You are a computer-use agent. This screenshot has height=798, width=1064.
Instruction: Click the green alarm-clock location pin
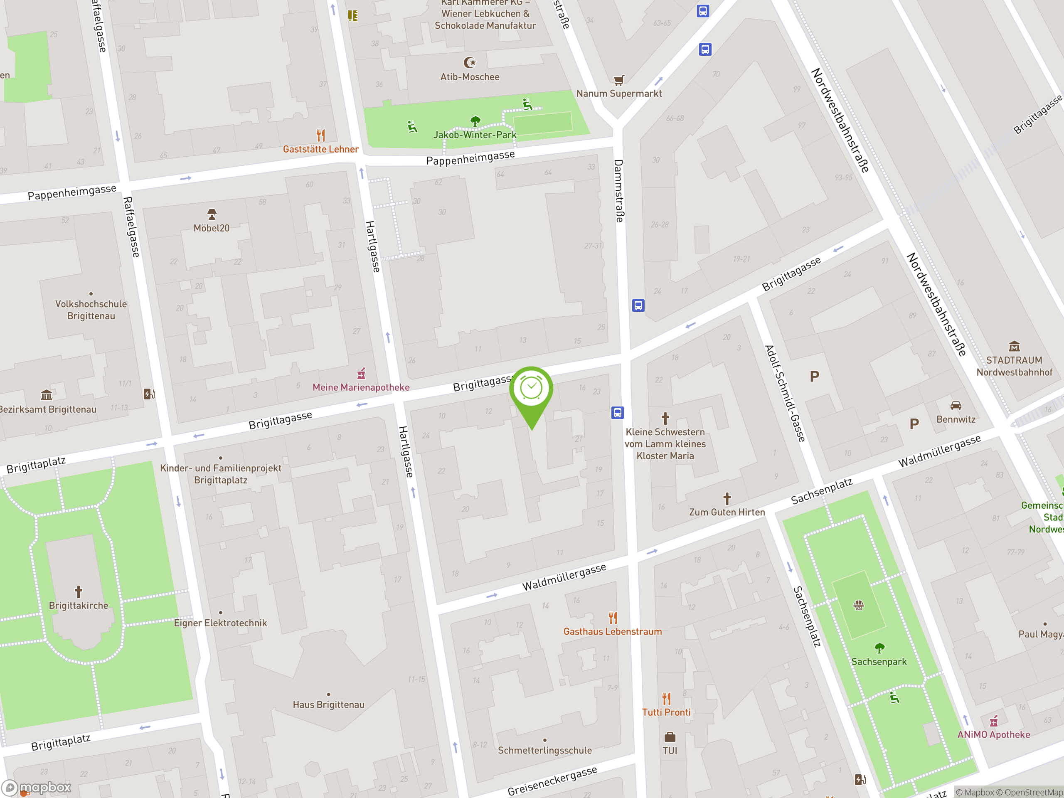coord(532,389)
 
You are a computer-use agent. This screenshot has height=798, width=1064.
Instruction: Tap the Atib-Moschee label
coord(470,77)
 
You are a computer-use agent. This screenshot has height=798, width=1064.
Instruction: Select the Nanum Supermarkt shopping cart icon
coord(619,80)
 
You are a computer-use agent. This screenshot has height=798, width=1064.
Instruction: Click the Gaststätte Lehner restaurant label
coord(321,149)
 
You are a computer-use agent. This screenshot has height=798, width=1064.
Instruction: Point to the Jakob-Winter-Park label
coord(475,135)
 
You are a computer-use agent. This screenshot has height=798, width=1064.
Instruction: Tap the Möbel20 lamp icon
coord(212,214)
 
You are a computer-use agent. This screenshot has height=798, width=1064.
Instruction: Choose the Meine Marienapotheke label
coord(361,387)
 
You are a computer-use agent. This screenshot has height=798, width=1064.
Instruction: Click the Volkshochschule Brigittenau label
coord(91,310)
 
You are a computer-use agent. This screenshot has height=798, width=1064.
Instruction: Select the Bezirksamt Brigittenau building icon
coord(46,395)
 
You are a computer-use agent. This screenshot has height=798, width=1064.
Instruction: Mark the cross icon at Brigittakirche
coord(79,591)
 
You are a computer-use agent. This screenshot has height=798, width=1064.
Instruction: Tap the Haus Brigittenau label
coord(328,704)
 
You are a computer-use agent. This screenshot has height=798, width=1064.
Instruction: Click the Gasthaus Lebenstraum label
coord(612,632)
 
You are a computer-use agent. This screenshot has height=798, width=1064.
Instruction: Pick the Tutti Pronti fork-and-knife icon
coord(666,698)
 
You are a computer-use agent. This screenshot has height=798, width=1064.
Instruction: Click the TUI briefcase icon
coord(670,737)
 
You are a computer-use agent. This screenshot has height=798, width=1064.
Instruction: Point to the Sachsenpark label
coord(879,662)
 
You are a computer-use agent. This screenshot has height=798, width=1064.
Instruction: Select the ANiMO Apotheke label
coord(993,734)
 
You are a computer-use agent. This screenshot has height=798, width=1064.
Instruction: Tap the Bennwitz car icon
coord(956,406)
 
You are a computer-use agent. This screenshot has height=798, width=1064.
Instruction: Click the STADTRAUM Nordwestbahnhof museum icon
coord(1014,346)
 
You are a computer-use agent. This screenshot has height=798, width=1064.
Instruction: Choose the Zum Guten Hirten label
coord(727,512)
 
